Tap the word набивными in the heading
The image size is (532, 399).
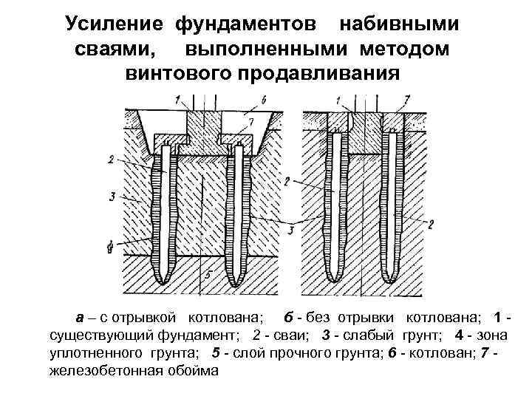(398, 24)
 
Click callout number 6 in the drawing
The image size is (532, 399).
(265, 99)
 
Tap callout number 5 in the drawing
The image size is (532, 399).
(209, 275)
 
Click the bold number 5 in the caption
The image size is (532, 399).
(216, 353)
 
